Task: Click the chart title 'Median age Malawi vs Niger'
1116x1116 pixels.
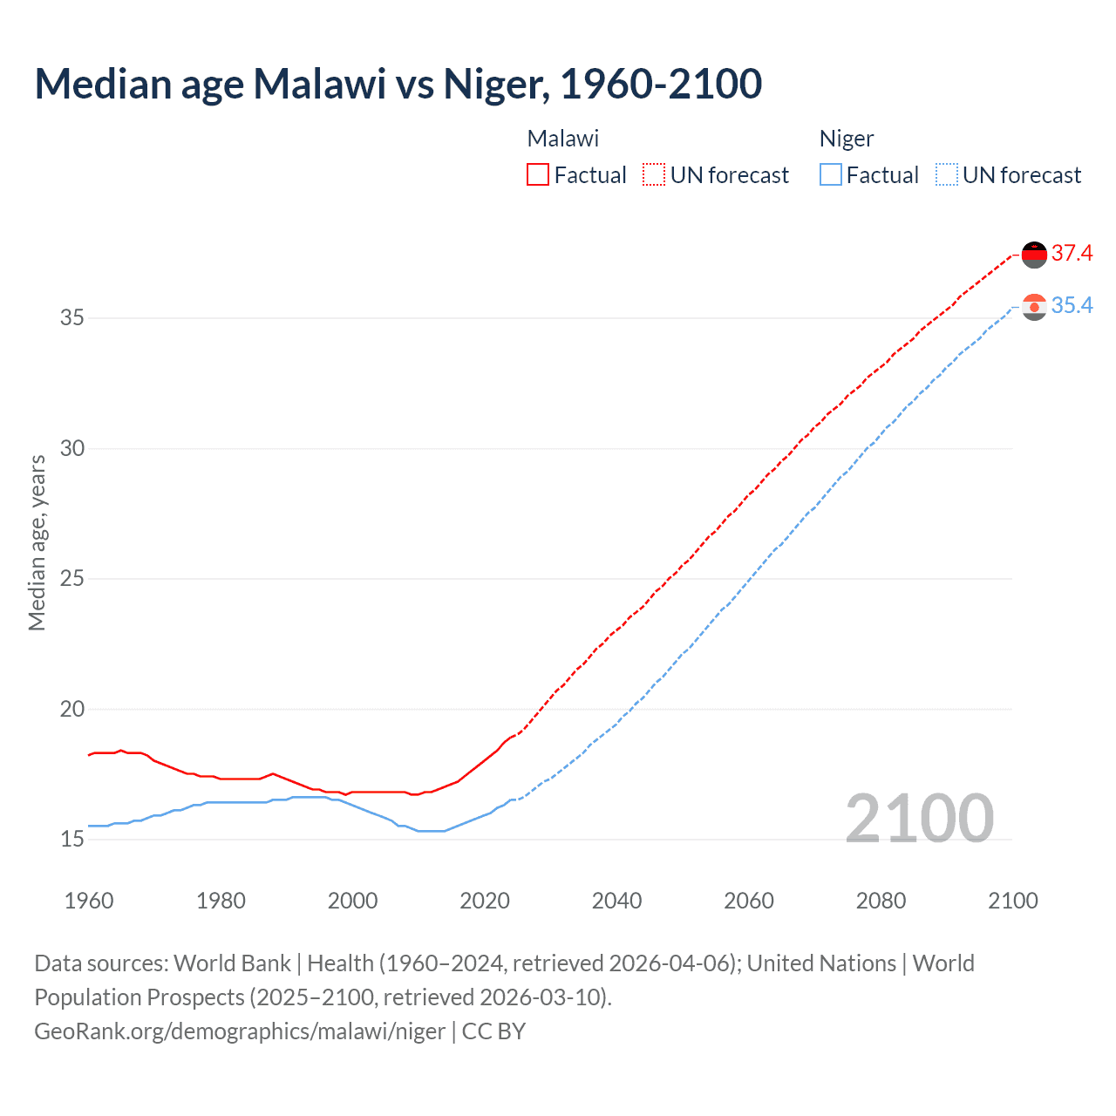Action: [x=398, y=84]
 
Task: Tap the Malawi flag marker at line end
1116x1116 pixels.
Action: [x=1034, y=255]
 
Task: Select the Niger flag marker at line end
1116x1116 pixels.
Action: [x=1034, y=307]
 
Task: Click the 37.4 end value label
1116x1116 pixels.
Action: [x=1072, y=254]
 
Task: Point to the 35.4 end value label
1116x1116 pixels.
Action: [x=1072, y=306]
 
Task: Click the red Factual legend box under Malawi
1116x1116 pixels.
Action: [x=538, y=175]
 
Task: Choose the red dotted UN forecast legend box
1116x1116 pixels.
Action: [x=654, y=175]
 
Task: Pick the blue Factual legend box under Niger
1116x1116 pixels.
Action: [x=831, y=175]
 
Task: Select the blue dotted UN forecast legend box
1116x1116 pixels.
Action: [x=946, y=175]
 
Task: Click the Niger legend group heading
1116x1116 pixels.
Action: [x=846, y=139]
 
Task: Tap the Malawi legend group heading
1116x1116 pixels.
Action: [x=563, y=139]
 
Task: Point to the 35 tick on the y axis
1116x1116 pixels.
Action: [x=72, y=318]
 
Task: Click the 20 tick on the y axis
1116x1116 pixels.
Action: [x=72, y=710]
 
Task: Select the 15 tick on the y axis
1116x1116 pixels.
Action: [x=72, y=840]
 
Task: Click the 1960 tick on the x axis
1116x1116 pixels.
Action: [x=89, y=901]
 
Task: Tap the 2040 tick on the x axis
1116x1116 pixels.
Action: [x=616, y=901]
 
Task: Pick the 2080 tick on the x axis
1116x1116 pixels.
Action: [x=881, y=901]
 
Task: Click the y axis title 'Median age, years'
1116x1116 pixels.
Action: [x=37, y=542]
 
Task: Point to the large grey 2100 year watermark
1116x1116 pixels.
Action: [x=919, y=818]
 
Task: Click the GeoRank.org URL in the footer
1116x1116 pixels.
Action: [x=240, y=1031]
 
